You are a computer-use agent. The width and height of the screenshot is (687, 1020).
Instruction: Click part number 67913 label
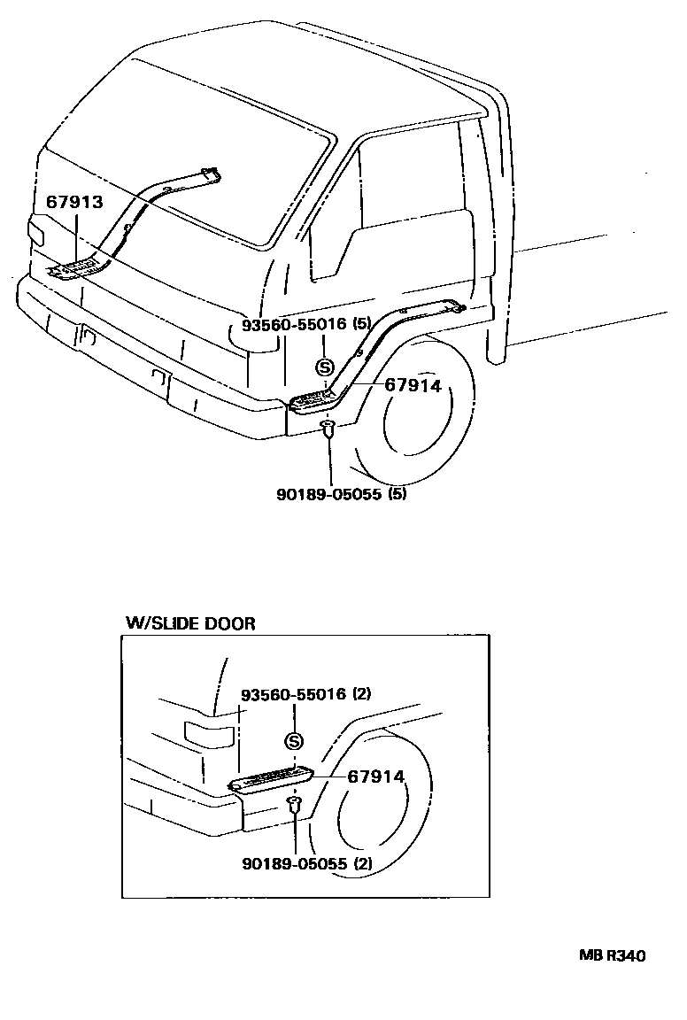pos(74,203)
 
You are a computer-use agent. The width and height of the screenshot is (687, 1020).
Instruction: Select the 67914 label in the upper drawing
pos(412,385)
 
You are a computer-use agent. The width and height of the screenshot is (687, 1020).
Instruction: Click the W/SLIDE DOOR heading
pos(189,623)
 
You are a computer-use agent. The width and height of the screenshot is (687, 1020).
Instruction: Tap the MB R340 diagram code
pos(612,956)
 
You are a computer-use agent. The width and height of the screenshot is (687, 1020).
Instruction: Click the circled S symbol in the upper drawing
pos(325,367)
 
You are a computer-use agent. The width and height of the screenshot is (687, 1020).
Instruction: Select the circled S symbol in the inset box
pos(294,742)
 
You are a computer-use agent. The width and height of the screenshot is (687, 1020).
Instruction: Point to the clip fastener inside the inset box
pos(294,805)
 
